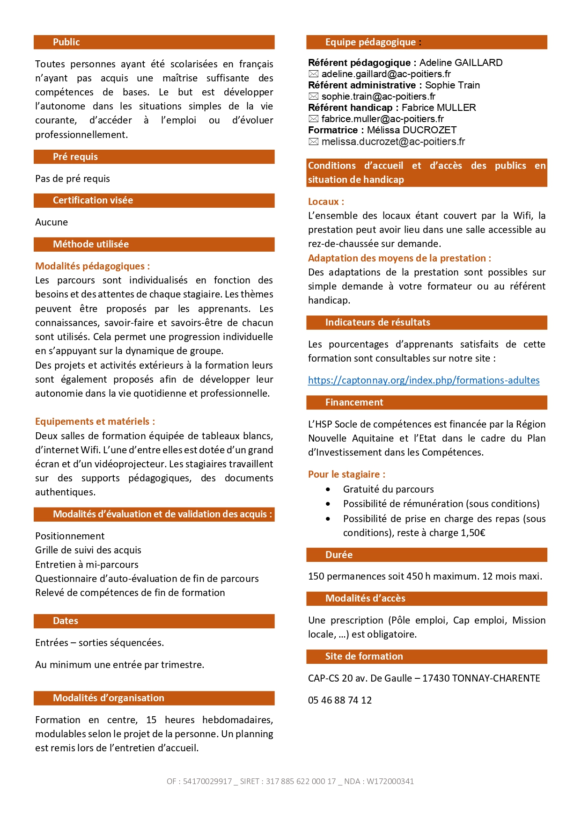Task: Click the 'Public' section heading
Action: [x=66, y=42]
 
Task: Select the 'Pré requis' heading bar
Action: [x=75, y=157]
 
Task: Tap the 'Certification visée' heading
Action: [x=93, y=200]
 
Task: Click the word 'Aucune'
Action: [x=51, y=222]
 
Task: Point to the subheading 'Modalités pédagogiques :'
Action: [x=92, y=266]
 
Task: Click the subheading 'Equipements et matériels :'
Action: [x=95, y=421]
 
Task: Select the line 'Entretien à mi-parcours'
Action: [x=87, y=565]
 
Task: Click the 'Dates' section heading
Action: [x=66, y=621]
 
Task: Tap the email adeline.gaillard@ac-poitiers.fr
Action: [x=386, y=74]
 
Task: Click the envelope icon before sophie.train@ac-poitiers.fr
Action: [x=313, y=96]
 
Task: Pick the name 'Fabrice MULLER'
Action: [x=439, y=108]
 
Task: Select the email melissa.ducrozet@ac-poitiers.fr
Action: [x=393, y=142]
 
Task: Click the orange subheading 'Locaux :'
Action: [x=326, y=202]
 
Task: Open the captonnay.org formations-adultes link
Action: [x=423, y=380]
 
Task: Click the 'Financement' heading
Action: [x=354, y=402]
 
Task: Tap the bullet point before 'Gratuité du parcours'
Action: [x=328, y=489]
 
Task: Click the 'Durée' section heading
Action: [x=339, y=555]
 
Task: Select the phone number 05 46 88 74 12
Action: [x=340, y=700]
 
